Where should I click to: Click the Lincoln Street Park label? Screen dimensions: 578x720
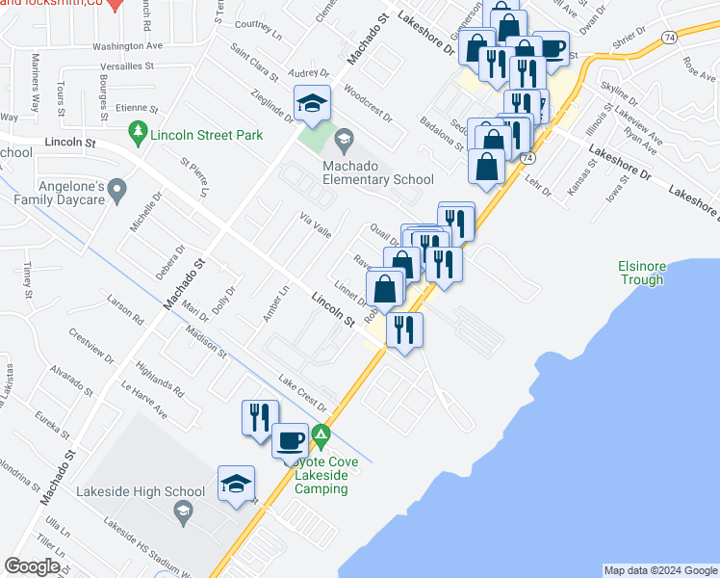(x=207, y=136)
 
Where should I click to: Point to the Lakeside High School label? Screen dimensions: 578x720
(x=144, y=491)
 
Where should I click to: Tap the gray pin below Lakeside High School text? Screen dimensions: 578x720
(x=182, y=513)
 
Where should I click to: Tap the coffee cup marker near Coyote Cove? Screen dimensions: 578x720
(x=291, y=441)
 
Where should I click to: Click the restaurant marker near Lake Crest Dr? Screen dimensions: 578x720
(x=259, y=417)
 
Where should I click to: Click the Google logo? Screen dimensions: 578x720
(x=32, y=566)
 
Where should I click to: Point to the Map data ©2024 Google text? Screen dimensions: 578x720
(x=659, y=570)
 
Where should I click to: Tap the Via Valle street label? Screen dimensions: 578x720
(x=315, y=226)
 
